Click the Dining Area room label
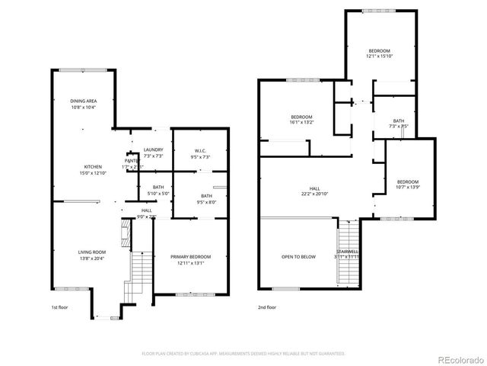(84, 101)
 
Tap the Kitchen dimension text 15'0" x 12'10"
(93, 172)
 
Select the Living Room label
(92, 252)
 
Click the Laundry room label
(153, 149)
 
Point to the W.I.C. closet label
(200, 150)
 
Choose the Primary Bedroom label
(190, 257)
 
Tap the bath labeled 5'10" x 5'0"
(158, 187)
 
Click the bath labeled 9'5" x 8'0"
(207, 196)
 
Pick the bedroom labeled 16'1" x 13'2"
(302, 117)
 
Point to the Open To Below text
(298, 257)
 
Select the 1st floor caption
(60, 307)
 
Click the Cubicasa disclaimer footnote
(243, 353)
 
